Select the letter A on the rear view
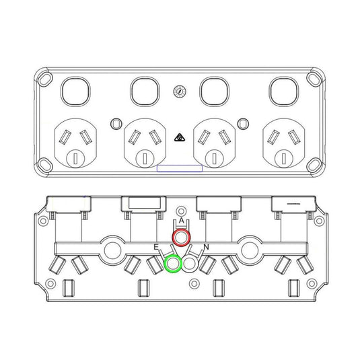182,221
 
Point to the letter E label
156,247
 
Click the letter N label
206,247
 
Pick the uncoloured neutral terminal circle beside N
190,264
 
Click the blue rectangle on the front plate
180,168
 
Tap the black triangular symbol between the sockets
180,138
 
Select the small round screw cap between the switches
179,92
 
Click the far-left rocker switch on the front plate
75,92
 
